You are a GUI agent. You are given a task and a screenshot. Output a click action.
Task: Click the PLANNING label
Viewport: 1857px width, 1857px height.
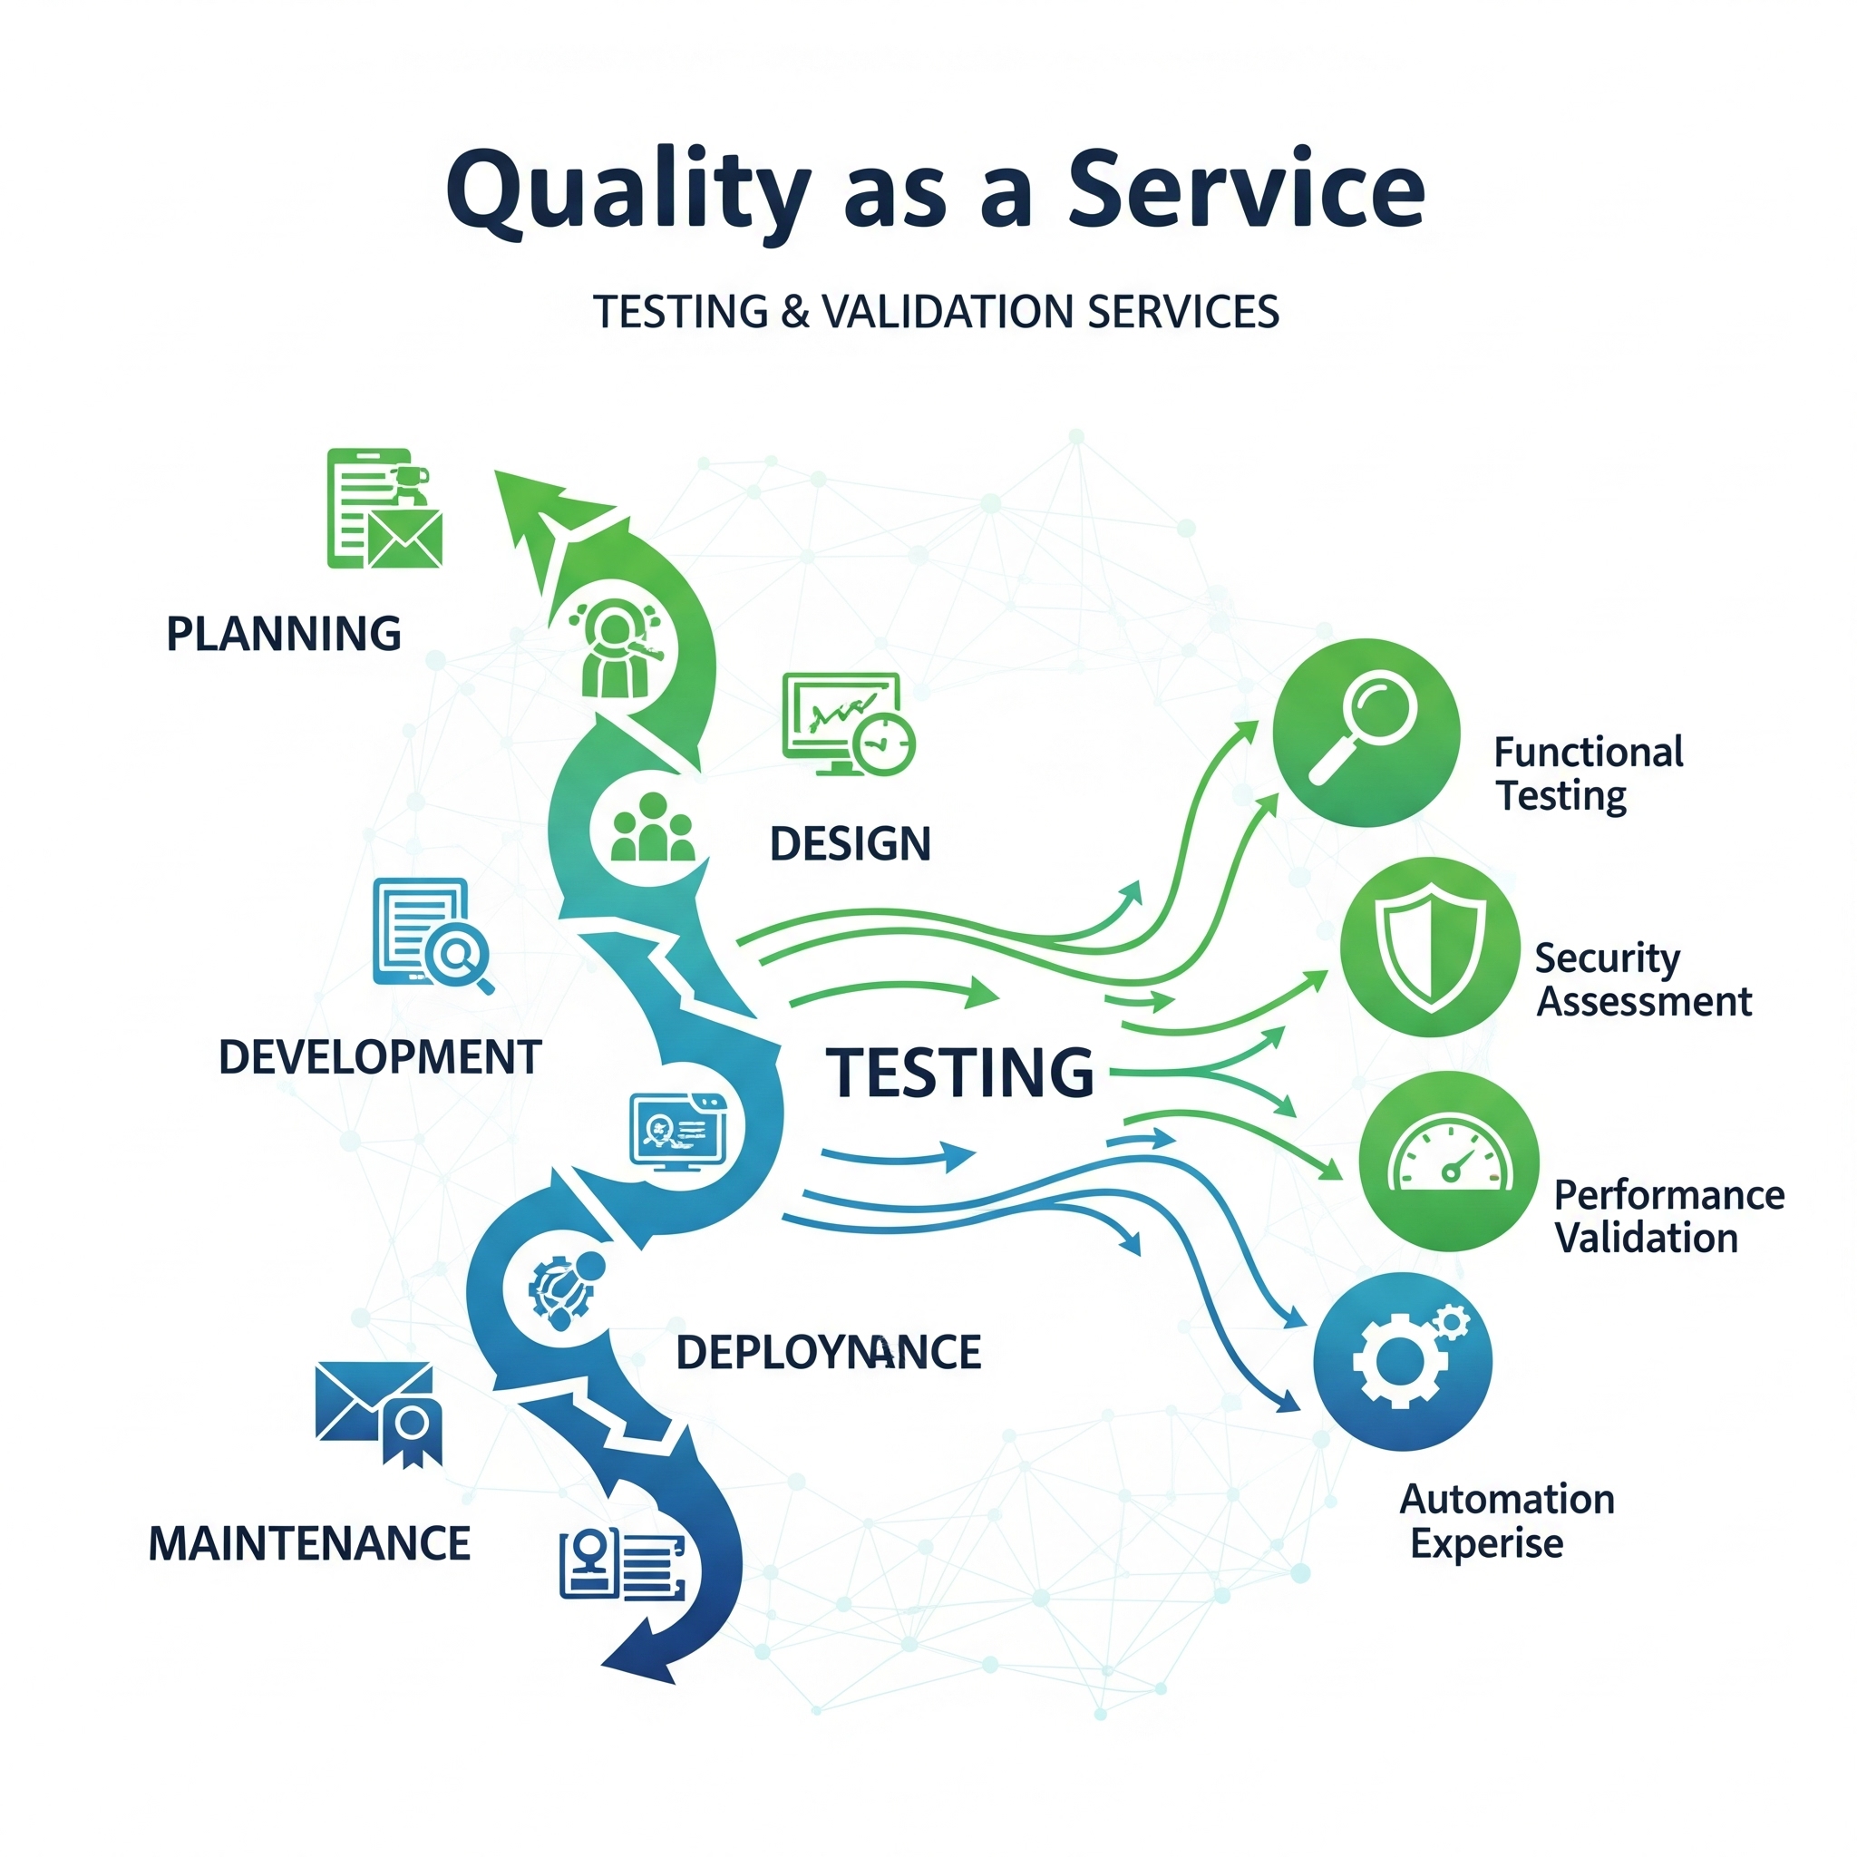tap(284, 635)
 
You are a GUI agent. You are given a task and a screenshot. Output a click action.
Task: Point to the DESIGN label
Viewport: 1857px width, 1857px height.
tap(850, 844)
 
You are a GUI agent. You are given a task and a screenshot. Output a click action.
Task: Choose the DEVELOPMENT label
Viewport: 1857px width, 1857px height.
tap(380, 1057)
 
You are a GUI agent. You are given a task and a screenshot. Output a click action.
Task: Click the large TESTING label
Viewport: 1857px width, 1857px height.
tap(959, 1073)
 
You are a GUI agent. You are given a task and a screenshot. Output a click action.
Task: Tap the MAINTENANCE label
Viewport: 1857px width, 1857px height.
tap(309, 1543)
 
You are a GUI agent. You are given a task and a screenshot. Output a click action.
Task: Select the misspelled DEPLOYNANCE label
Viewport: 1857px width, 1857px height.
tap(829, 1352)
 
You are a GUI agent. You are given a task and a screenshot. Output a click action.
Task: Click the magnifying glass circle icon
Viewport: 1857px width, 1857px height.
tap(1366, 733)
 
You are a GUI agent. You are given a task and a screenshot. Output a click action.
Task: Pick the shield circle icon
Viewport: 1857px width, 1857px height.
tap(1430, 947)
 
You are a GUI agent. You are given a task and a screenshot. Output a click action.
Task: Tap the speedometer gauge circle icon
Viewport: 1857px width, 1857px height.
tap(1448, 1162)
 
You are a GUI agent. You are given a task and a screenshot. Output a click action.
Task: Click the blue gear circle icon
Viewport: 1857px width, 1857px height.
tap(1403, 1361)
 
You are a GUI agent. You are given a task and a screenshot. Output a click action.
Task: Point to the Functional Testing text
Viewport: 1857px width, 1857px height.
tap(1588, 773)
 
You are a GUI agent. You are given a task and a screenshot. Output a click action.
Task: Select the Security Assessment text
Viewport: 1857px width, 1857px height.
tap(1643, 979)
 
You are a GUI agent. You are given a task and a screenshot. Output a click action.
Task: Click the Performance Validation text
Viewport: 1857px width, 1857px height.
tap(1668, 1216)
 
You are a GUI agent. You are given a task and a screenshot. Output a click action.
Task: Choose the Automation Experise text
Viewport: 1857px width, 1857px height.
tap(1506, 1521)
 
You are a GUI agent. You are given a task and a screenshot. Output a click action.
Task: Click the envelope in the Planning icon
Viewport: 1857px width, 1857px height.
tap(403, 539)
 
